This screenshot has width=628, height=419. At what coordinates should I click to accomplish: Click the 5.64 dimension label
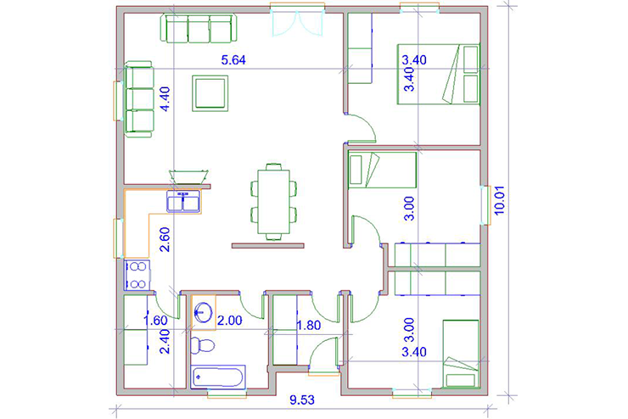click(x=233, y=60)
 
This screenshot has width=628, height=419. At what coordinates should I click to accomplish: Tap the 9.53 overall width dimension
click(x=302, y=399)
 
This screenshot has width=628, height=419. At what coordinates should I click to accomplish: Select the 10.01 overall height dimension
click(x=500, y=200)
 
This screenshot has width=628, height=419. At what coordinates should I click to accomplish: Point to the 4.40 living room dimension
click(x=165, y=99)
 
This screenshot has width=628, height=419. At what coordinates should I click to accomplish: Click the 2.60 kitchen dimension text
click(x=165, y=239)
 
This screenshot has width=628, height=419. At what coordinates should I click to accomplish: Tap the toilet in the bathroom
click(x=202, y=345)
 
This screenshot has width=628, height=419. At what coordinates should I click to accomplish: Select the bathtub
click(x=218, y=377)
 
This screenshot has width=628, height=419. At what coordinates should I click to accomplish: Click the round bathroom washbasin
click(x=204, y=312)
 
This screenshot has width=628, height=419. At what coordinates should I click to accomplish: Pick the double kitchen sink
click(x=183, y=201)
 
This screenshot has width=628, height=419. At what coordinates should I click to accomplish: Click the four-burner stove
click(x=137, y=275)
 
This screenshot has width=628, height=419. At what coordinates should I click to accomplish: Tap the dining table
click(x=273, y=202)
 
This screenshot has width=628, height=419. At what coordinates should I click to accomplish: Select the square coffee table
click(x=210, y=93)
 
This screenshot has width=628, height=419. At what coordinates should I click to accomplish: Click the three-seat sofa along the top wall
click(x=199, y=28)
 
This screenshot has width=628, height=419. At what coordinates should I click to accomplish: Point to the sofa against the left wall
click(x=139, y=99)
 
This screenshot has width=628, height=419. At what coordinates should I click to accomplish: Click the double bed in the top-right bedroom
click(x=439, y=74)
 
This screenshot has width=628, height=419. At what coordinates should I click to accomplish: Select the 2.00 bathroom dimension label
click(x=229, y=320)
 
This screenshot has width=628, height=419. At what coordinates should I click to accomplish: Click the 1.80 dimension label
click(x=308, y=325)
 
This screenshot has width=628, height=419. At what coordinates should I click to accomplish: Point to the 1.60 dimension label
click(x=155, y=320)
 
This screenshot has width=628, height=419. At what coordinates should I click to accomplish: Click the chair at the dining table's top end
click(x=273, y=166)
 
